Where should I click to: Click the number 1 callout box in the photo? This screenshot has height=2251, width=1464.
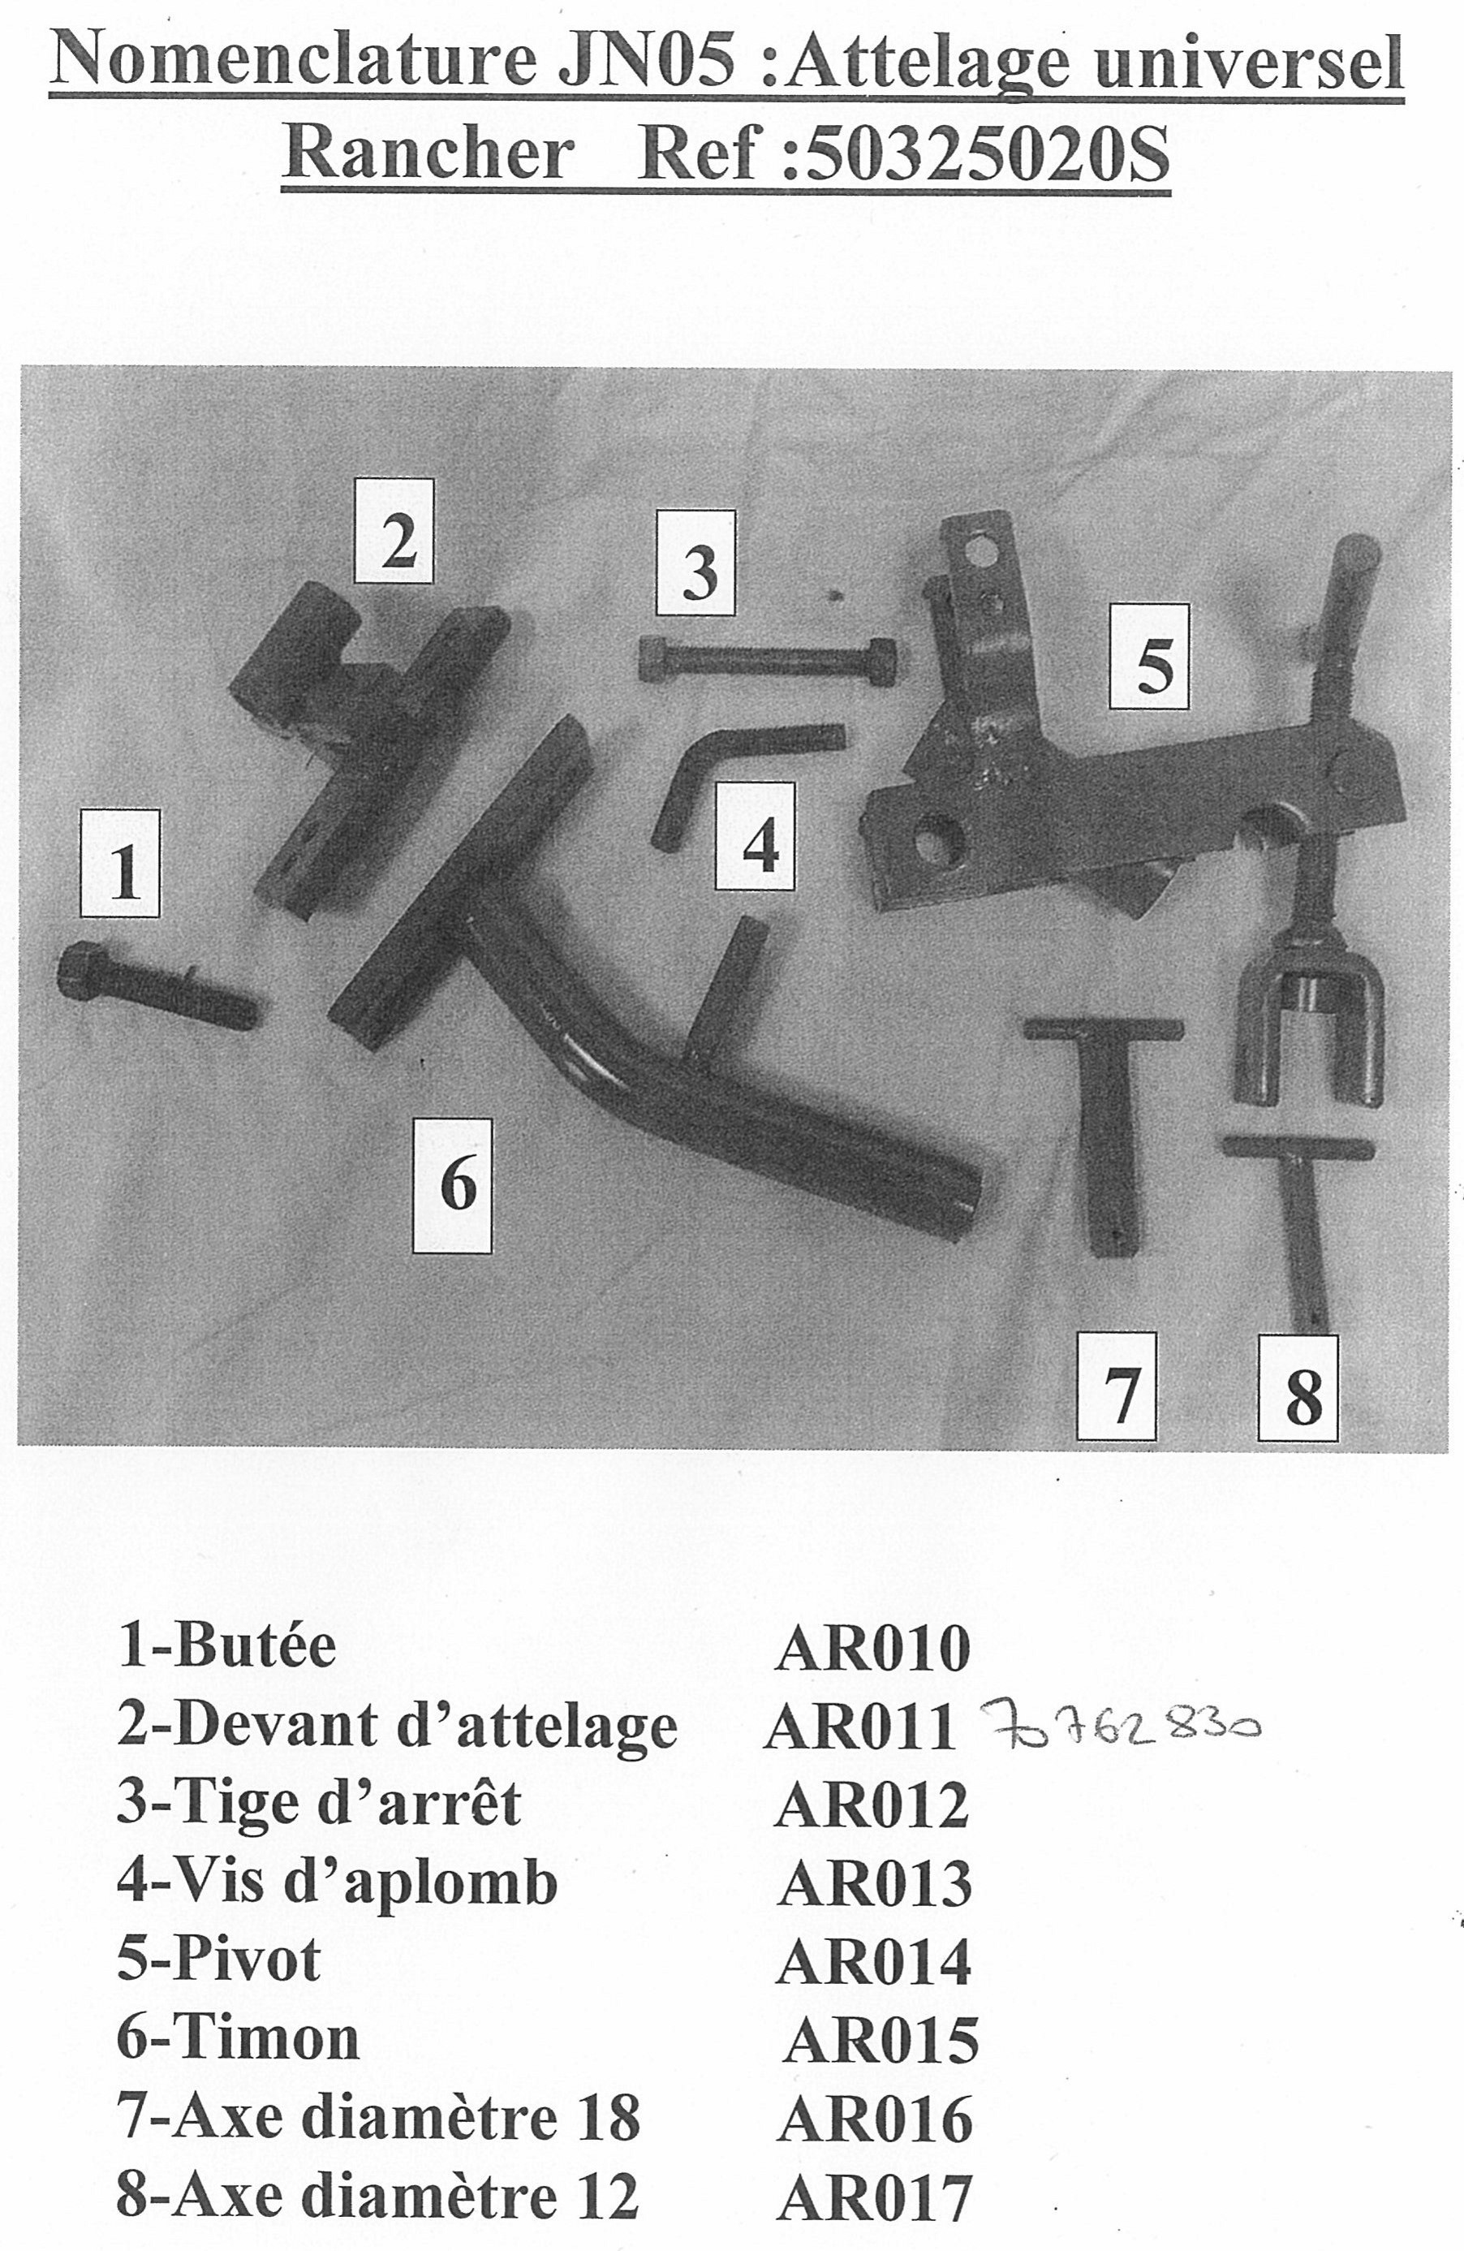tap(120, 864)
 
